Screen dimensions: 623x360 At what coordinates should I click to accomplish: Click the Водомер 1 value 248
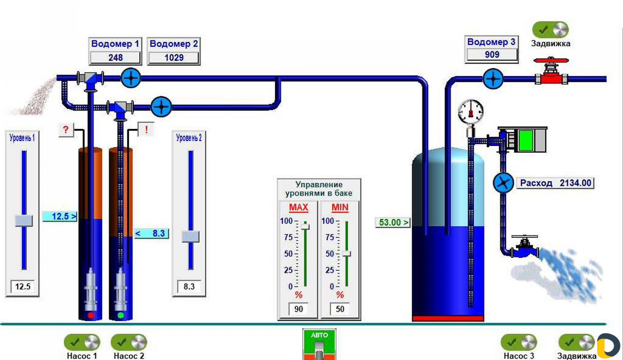point(115,57)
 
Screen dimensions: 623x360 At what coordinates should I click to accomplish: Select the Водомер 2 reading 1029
point(174,57)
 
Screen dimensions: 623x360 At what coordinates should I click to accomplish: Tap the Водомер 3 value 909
point(492,54)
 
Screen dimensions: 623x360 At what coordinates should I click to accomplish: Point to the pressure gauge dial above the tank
point(471,111)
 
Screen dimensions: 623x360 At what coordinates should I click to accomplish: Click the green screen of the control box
point(526,141)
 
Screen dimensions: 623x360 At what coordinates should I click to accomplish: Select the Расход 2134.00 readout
point(555,183)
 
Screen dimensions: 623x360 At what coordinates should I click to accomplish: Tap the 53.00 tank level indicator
point(393,222)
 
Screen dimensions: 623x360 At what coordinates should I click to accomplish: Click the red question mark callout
point(66,129)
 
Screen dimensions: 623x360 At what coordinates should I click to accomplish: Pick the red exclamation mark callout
point(146,129)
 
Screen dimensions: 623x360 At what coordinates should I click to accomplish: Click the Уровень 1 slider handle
point(24,220)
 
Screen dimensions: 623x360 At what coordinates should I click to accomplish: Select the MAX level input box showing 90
point(298,309)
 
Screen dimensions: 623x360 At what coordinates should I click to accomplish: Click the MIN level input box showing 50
point(340,309)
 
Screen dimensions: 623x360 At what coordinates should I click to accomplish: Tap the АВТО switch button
point(319,344)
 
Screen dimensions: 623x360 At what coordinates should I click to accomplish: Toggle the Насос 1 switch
point(82,342)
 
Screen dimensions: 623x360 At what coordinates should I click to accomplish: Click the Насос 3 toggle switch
point(519,342)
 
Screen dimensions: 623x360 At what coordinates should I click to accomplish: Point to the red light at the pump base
point(91,315)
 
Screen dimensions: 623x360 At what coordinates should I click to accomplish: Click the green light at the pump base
point(121,315)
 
